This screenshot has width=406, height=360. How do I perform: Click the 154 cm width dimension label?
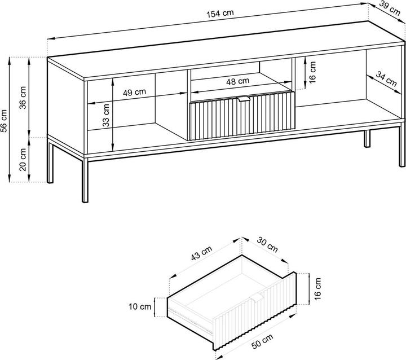[220, 14]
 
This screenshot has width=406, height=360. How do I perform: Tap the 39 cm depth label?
[390, 8]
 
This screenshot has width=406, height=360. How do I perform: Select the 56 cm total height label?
[4, 121]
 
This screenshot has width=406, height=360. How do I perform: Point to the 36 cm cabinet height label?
[23, 98]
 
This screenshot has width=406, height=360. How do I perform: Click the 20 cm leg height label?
[23, 159]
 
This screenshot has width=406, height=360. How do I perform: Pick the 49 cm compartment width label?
[134, 93]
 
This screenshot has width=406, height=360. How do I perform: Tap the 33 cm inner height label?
[106, 115]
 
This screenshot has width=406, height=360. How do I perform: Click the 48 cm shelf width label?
[238, 81]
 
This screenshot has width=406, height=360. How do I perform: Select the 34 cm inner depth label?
[386, 80]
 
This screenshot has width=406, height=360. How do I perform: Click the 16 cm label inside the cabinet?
[312, 72]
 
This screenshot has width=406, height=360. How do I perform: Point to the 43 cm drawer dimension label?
[202, 253]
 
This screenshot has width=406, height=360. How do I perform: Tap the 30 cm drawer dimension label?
[267, 244]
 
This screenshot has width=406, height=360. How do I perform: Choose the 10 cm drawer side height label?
[140, 307]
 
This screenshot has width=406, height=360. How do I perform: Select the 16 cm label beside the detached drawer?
[317, 289]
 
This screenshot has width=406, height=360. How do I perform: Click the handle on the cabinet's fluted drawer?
[244, 99]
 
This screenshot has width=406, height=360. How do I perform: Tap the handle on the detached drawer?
[257, 298]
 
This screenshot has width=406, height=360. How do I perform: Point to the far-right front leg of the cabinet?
[401, 146]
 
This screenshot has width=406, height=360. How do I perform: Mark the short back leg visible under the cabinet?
[367, 139]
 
